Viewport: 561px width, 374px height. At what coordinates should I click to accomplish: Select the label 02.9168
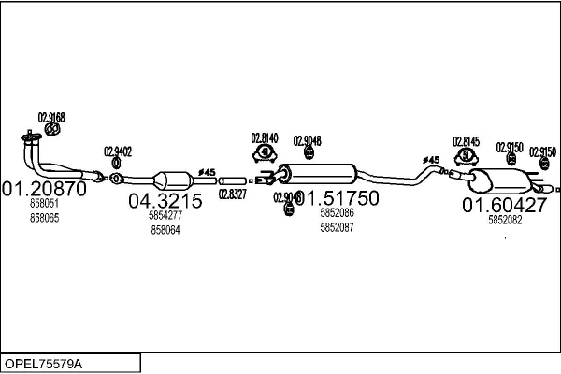point(50,117)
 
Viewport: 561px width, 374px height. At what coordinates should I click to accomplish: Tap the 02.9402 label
point(118,151)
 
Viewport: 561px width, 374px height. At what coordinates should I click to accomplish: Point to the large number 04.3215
point(165,200)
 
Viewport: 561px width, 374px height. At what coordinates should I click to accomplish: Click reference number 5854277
point(165,215)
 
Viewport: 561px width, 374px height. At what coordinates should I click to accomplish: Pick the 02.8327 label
point(232,194)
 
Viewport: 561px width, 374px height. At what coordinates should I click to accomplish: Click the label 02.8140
point(266,137)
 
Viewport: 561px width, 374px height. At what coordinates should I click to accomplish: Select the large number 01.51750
point(338,198)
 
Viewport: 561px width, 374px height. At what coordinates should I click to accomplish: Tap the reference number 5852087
point(337,228)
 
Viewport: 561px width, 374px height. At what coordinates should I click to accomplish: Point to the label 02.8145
point(467,141)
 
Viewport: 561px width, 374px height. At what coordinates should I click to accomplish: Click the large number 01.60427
point(503,204)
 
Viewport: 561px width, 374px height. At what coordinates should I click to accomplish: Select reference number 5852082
point(505,220)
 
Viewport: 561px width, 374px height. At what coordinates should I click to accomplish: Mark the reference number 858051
point(44,203)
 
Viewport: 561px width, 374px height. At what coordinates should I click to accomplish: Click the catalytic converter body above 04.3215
point(172,180)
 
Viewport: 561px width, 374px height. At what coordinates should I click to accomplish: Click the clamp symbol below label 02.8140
point(266,152)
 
